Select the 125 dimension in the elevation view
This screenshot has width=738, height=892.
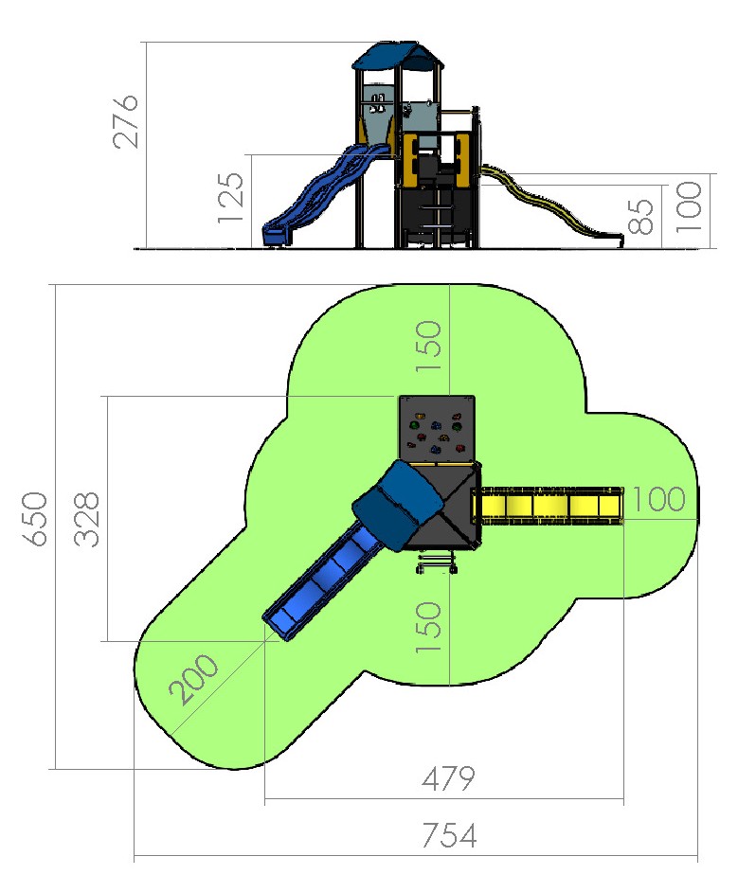coord(231,197)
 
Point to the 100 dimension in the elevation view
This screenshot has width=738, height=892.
coord(688,206)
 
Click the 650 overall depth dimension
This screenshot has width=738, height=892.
coord(35,519)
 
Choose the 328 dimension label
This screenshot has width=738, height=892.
coord(86,519)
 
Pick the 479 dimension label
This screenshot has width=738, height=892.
coord(448,778)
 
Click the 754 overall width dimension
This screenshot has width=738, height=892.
coord(449,835)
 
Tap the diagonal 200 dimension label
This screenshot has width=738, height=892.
coord(193,679)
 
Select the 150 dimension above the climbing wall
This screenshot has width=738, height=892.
coord(428,347)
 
